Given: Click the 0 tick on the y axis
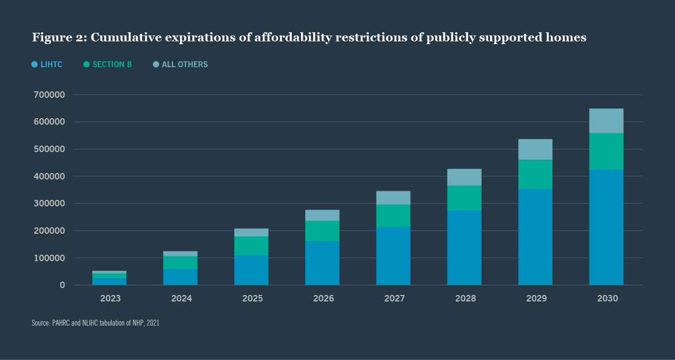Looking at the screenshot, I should (x=62, y=285).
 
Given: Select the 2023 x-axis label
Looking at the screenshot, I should (x=110, y=299).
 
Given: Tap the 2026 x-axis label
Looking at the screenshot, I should (x=322, y=299).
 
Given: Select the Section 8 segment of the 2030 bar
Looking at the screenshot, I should (x=606, y=152).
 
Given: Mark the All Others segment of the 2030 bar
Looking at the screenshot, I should (x=606, y=121).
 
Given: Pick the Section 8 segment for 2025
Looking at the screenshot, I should (x=252, y=246).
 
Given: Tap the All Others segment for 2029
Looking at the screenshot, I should (x=535, y=149).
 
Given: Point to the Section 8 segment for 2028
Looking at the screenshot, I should (x=464, y=198).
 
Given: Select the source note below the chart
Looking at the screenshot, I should (x=95, y=323).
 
